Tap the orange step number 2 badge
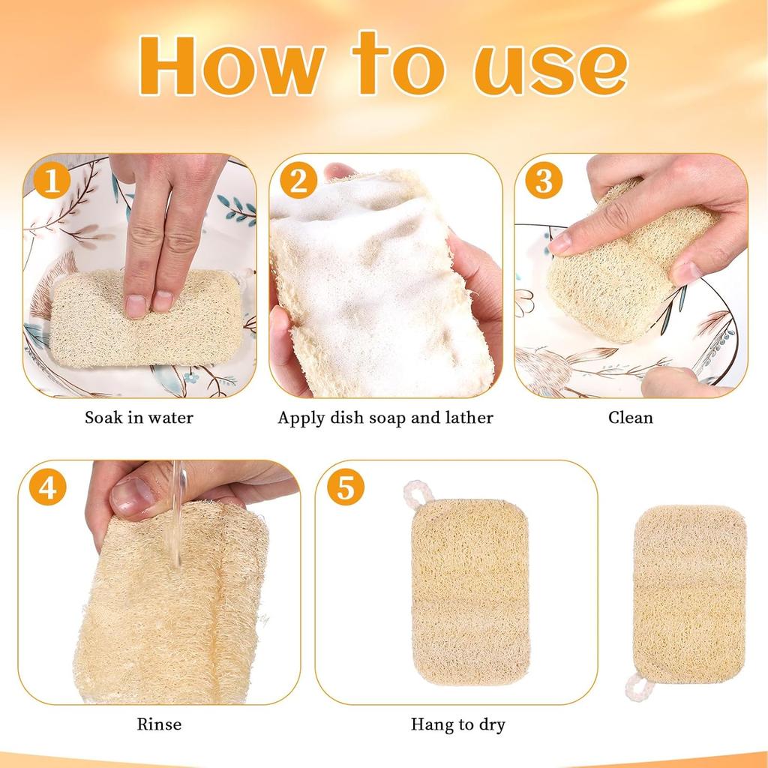[298, 182]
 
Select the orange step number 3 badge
[543, 182]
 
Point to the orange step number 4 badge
[48, 487]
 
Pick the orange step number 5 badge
[345, 487]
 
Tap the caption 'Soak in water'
[139, 418]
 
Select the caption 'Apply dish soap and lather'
[385, 418]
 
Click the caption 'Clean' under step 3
[630, 418]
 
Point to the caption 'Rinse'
[159, 724]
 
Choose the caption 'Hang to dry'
[457, 724]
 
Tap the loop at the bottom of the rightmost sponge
[636, 685]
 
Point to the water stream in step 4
[177, 517]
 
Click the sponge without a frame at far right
[688, 592]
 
